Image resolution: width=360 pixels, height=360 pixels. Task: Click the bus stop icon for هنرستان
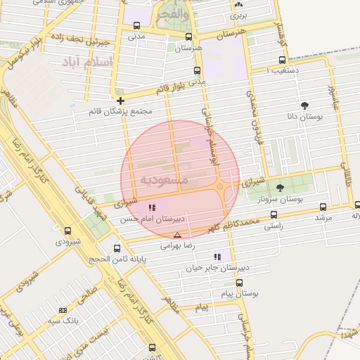[x=188, y=37]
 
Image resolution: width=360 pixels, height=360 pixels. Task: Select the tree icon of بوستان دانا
[x=304, y=105]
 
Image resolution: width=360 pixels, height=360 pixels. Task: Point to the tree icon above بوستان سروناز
[x=281, y=188]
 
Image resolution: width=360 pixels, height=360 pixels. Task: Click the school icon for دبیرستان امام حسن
[x=152, y=207]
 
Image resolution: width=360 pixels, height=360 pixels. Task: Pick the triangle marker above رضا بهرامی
[x=177, y=235]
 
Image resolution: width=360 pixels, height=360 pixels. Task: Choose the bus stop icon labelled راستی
[x=274, y=215]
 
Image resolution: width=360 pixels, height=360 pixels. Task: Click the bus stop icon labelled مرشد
[x=323, y=207]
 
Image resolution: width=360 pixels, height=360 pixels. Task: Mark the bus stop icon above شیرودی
[x=67, y=231]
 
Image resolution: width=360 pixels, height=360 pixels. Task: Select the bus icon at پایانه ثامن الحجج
[x=117, y=248]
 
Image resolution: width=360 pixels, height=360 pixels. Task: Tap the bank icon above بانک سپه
[x=63, y=309]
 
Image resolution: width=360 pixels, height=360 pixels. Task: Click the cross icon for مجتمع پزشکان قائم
[x=121, y=101]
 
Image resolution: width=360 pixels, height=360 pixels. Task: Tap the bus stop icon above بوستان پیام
[x=239, y=283]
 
